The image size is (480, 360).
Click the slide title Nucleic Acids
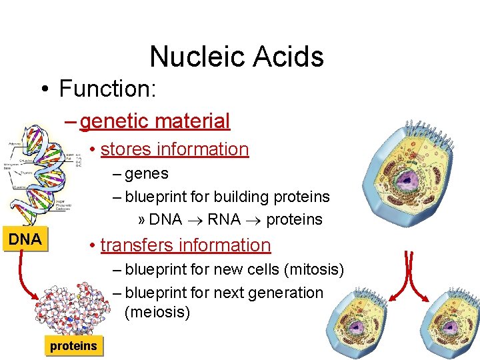[237, 57]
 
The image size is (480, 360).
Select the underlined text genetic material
[155, 121]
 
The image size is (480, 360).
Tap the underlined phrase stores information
[175, 149]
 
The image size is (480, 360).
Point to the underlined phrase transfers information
[185, 245]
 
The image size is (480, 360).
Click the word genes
[147, 174]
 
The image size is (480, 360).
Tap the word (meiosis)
[157, 312]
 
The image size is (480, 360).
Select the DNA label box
[25, 239]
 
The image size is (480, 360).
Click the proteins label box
[73, 345]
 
